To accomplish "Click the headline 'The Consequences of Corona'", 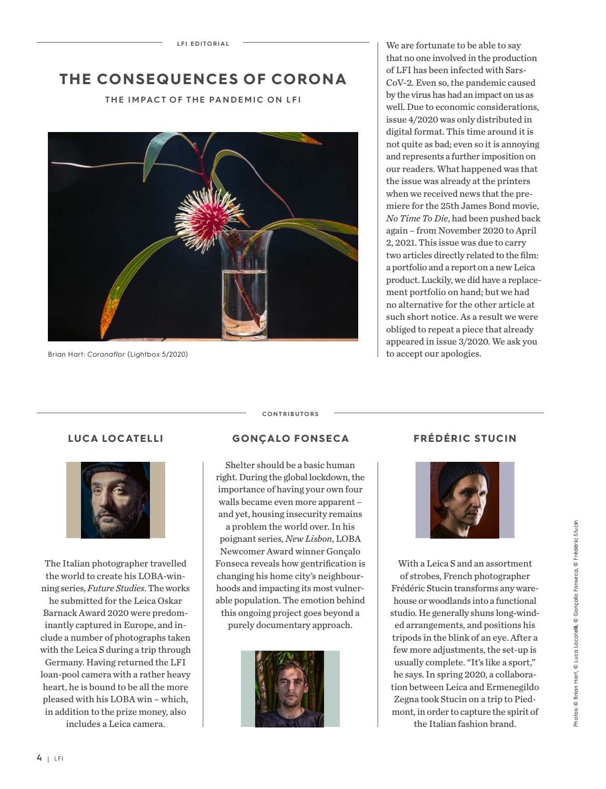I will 203,79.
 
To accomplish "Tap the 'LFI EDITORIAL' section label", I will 203,44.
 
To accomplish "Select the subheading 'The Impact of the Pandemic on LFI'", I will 203,99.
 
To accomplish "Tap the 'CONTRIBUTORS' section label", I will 290,414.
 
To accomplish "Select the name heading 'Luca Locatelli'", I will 116,438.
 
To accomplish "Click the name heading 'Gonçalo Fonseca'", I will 290,438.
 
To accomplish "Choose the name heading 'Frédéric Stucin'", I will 465,438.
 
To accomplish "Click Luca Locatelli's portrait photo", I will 116,500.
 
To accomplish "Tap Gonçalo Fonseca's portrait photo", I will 290,689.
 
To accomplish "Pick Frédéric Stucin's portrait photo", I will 464,500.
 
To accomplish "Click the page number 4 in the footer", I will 39,757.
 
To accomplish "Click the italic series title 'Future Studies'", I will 116,588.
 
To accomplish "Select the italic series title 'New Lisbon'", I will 308,539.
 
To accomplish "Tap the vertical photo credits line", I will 576,623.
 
